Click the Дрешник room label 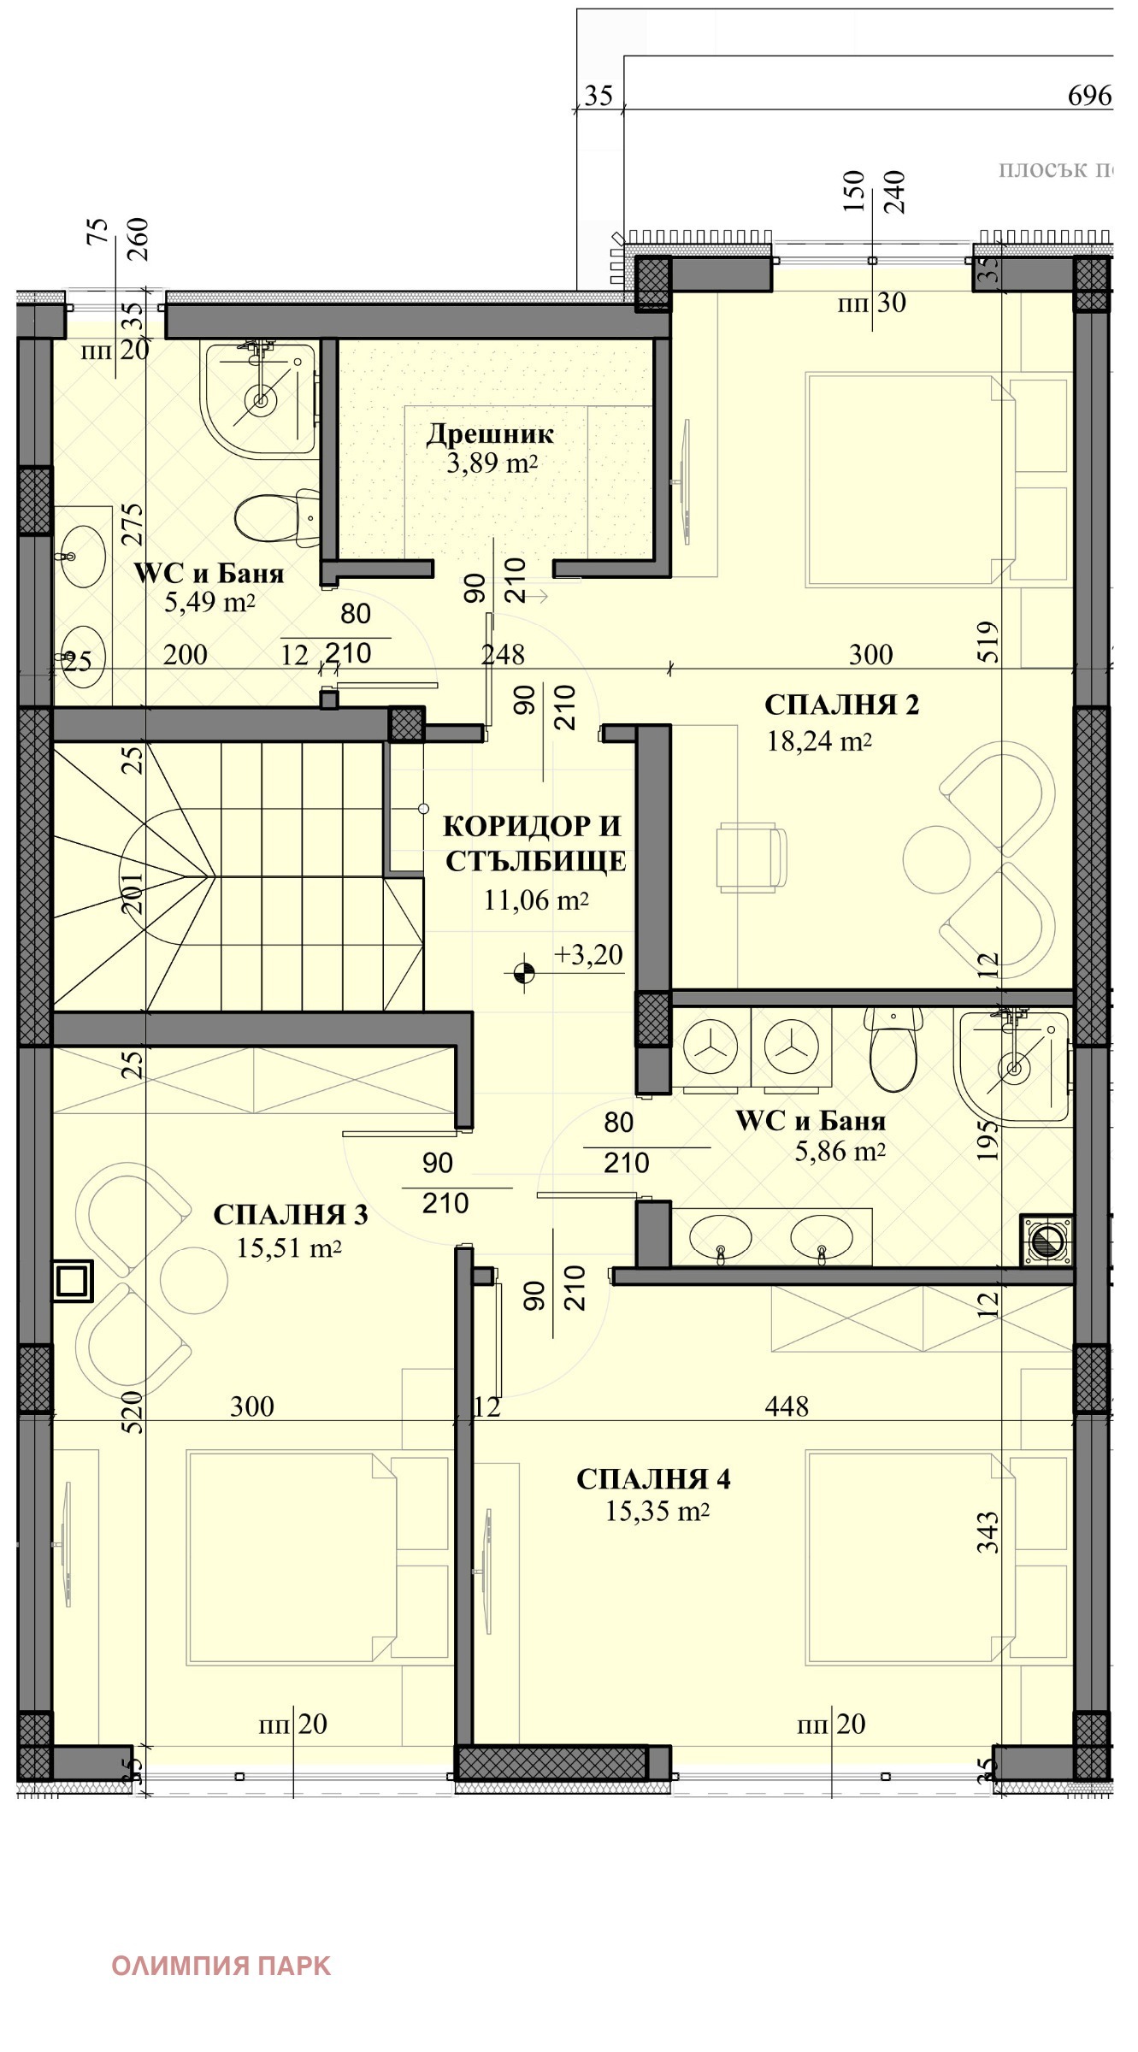(x=491, y=434)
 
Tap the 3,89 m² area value (x=492, y=464)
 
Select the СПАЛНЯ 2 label (x=841, y=705)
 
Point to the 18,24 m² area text (x=819, y=740)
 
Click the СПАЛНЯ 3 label (x=291, y=1215)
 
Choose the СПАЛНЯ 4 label (x=653, y=1479)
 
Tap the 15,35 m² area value (x=657, y=1512)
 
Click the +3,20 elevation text (x=588, y=954)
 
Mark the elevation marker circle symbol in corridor (x=524, y=972)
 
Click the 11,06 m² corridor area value (x=536, y=899)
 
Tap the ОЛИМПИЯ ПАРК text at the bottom (x=221, y=1966)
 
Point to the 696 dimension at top (x=1089, y=96)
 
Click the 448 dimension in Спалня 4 (x=787, y=1406)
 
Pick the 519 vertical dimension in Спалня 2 (x=988, y=642)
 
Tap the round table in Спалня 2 (x=937, y=859)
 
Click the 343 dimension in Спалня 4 (x=988, y=1533)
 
